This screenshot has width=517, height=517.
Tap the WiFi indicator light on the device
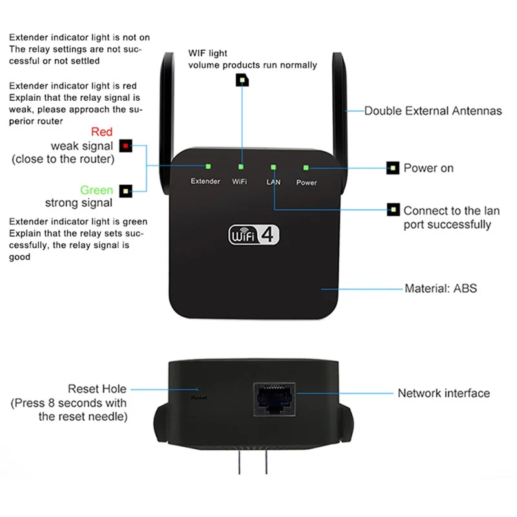coord(242,166)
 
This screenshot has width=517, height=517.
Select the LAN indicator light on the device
coord(273,167)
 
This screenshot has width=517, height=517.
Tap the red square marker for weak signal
coord(125,146)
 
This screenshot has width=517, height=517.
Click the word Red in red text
coord(101,132)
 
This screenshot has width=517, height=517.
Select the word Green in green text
coord(96,190)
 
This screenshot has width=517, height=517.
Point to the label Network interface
coord(443,393)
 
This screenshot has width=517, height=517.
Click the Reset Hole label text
coord(97,389)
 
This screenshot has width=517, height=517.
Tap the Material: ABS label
coord(440,288)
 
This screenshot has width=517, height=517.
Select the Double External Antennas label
coord(433,111)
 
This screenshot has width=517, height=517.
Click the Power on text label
coord(428,168)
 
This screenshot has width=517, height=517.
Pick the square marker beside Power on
coord(392,169)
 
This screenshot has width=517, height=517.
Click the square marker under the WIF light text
coord(242,80)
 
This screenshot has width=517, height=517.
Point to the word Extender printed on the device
coord(206,182)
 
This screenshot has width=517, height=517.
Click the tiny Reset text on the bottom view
coord(198,398)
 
